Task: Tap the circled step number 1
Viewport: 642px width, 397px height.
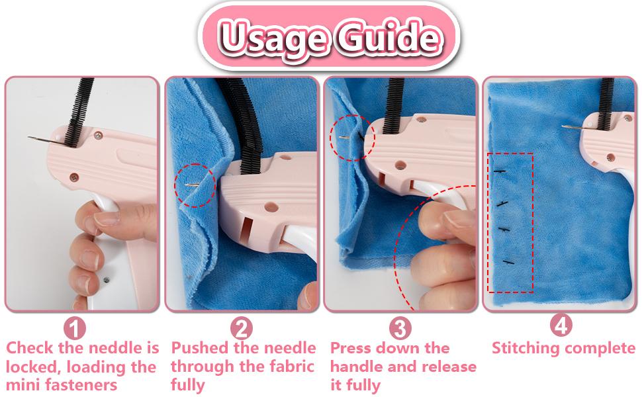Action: [x=75, y=328]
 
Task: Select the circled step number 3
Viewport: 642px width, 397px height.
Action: [x=399, y=328]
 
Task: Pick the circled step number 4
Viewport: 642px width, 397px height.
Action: [x=561, y=325]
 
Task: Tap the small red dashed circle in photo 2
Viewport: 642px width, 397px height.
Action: [x=195, y=185]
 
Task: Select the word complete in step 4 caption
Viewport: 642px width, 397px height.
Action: [x=602, y=348]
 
